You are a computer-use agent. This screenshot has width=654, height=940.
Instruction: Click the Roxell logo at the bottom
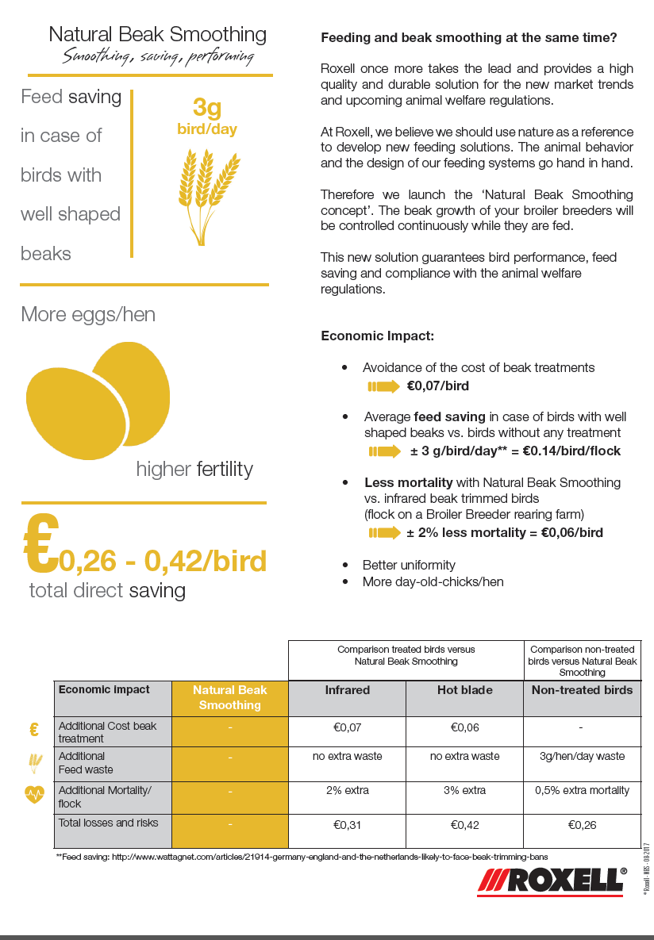[552, 881]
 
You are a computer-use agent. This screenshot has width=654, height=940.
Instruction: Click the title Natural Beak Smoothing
[157, 34]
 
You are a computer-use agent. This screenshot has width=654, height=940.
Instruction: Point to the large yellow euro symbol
[40, 544]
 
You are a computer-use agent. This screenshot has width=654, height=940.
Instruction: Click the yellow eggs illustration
[98, 396]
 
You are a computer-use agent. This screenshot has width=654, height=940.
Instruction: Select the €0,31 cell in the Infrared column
[347, 825]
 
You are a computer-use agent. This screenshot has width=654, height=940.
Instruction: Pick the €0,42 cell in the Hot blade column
[464, 825]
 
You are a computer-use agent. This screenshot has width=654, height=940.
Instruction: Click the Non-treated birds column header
[582, 690]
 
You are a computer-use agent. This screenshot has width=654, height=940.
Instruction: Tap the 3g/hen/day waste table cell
[582, 756]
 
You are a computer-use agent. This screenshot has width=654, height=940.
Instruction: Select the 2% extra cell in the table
[347, 790]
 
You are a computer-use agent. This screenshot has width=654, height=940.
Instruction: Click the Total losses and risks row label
[108, 823]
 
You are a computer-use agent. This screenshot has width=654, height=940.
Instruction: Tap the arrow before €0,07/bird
[384, 387]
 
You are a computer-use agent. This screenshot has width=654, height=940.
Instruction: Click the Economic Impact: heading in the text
[377, 336]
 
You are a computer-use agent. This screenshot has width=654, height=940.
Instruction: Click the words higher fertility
[194, 469]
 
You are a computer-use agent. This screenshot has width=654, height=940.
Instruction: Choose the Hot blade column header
[464, 690]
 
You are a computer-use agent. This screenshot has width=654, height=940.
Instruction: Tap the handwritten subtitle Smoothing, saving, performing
[158, 57]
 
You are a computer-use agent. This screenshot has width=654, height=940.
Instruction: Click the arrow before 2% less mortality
[384, 533]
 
